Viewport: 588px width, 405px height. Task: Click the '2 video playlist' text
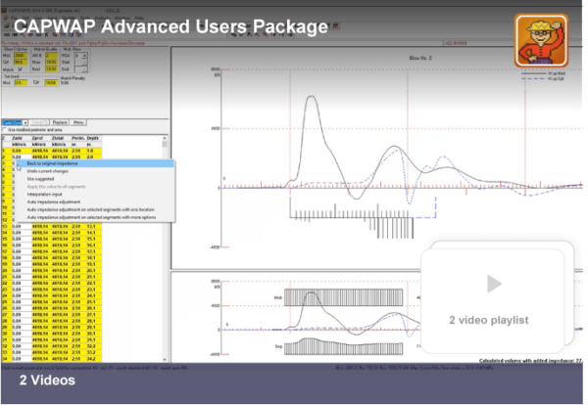click(489, 320)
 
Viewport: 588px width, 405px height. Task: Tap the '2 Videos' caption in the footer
click(47, 380)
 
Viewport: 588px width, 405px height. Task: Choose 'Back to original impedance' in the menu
click(57, 164)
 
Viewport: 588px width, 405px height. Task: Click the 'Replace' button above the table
click(58, 122)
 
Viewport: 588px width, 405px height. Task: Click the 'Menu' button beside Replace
click(78, 122)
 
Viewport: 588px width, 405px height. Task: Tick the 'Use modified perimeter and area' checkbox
click(5, 129)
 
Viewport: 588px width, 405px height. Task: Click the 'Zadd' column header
click(18, 141)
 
